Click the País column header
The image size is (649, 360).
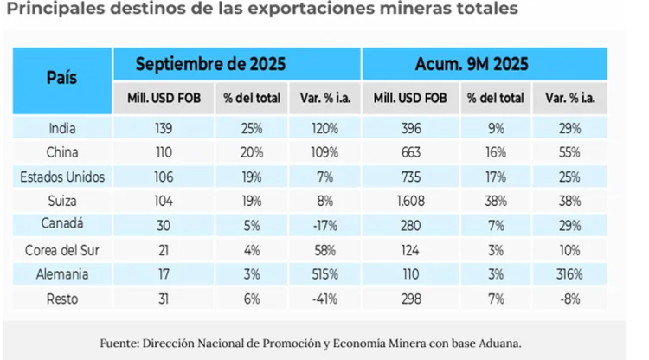coord(61,78)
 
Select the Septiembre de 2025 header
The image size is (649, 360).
coord(210,64)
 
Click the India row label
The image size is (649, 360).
coord(62,129)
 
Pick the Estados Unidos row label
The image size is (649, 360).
coord(62,177)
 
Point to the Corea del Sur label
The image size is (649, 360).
coord(62,250)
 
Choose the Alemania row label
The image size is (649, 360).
coord(62,273)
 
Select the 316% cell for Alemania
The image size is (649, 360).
coord(569,273)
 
